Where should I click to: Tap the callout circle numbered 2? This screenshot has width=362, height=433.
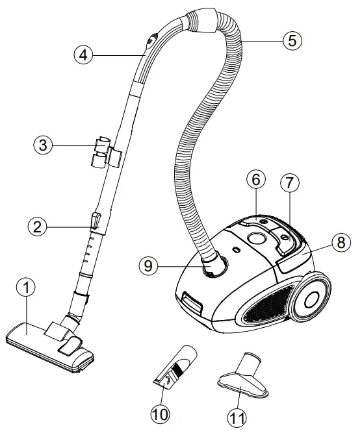pos(38,227)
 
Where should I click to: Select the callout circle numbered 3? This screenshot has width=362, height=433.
pos(43,145)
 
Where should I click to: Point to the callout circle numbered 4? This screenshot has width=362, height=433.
pos(83,55)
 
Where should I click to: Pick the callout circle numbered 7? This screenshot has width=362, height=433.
pos(291,183)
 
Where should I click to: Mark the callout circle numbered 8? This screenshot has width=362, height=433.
pos(339,243)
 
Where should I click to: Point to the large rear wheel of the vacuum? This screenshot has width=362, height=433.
pos(315,298)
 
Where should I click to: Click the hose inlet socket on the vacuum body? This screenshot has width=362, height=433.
pos(215,266)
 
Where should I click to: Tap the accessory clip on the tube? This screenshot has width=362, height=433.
pos(103,151)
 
